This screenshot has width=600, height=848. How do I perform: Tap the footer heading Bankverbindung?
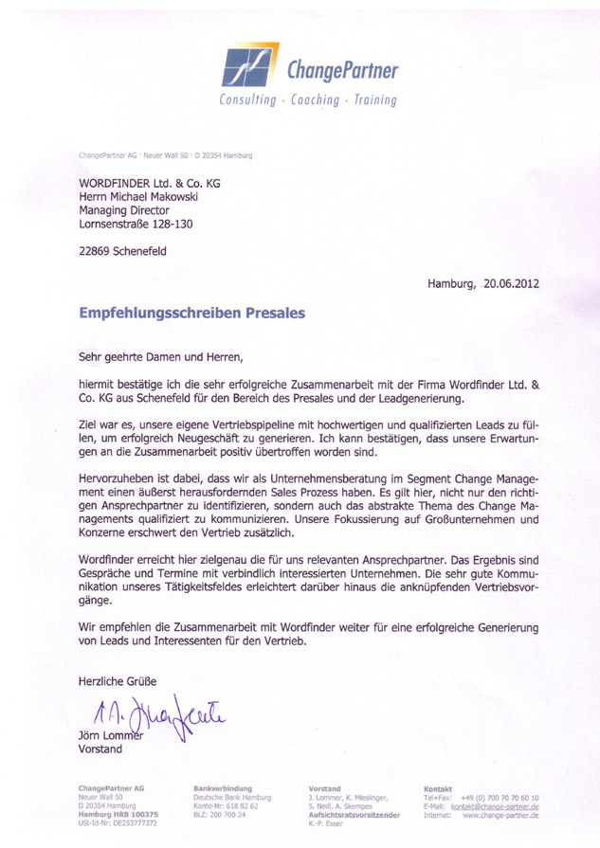(223, 788)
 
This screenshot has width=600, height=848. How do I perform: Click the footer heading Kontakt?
(438, 788)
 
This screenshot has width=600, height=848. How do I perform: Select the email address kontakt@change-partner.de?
(494, 805)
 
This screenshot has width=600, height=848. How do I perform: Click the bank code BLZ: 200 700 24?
(219, 814)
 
